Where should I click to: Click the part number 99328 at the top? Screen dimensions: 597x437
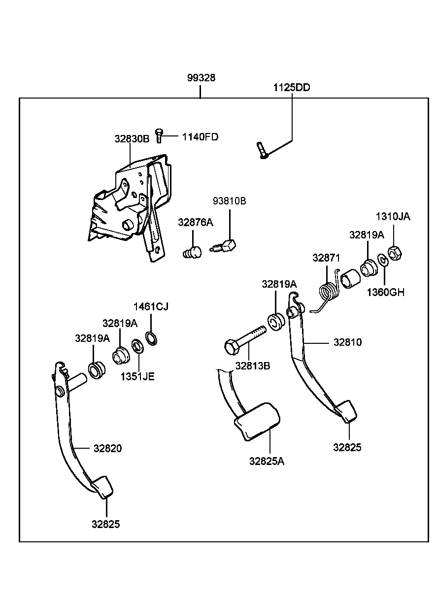pyautogui.click(x=201, y=78)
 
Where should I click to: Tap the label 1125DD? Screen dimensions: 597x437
pyautogui.click(x=292, y=88)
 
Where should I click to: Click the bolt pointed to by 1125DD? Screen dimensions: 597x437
pyautogui.click(x=261, y=150)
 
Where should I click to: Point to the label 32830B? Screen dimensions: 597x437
pyautogui.click(x=132, y=139)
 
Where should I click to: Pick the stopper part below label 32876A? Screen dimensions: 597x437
pyautogui.click(x=193, y=252)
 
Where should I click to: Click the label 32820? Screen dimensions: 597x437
pyautogui.click(x=107, y=448)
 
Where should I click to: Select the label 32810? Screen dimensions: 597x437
pyautogui.click(x=347, y=342)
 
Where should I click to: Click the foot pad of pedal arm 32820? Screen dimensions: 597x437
pyautogui.click(x=102, y=487)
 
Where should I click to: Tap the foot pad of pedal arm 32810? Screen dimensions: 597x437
pyautogui.click(x=346, y=411)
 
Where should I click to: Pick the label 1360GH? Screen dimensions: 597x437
pyautogui.click(x=385, y=292)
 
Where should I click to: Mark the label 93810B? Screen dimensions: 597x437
pyautogui.click(x=229, y=201)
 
